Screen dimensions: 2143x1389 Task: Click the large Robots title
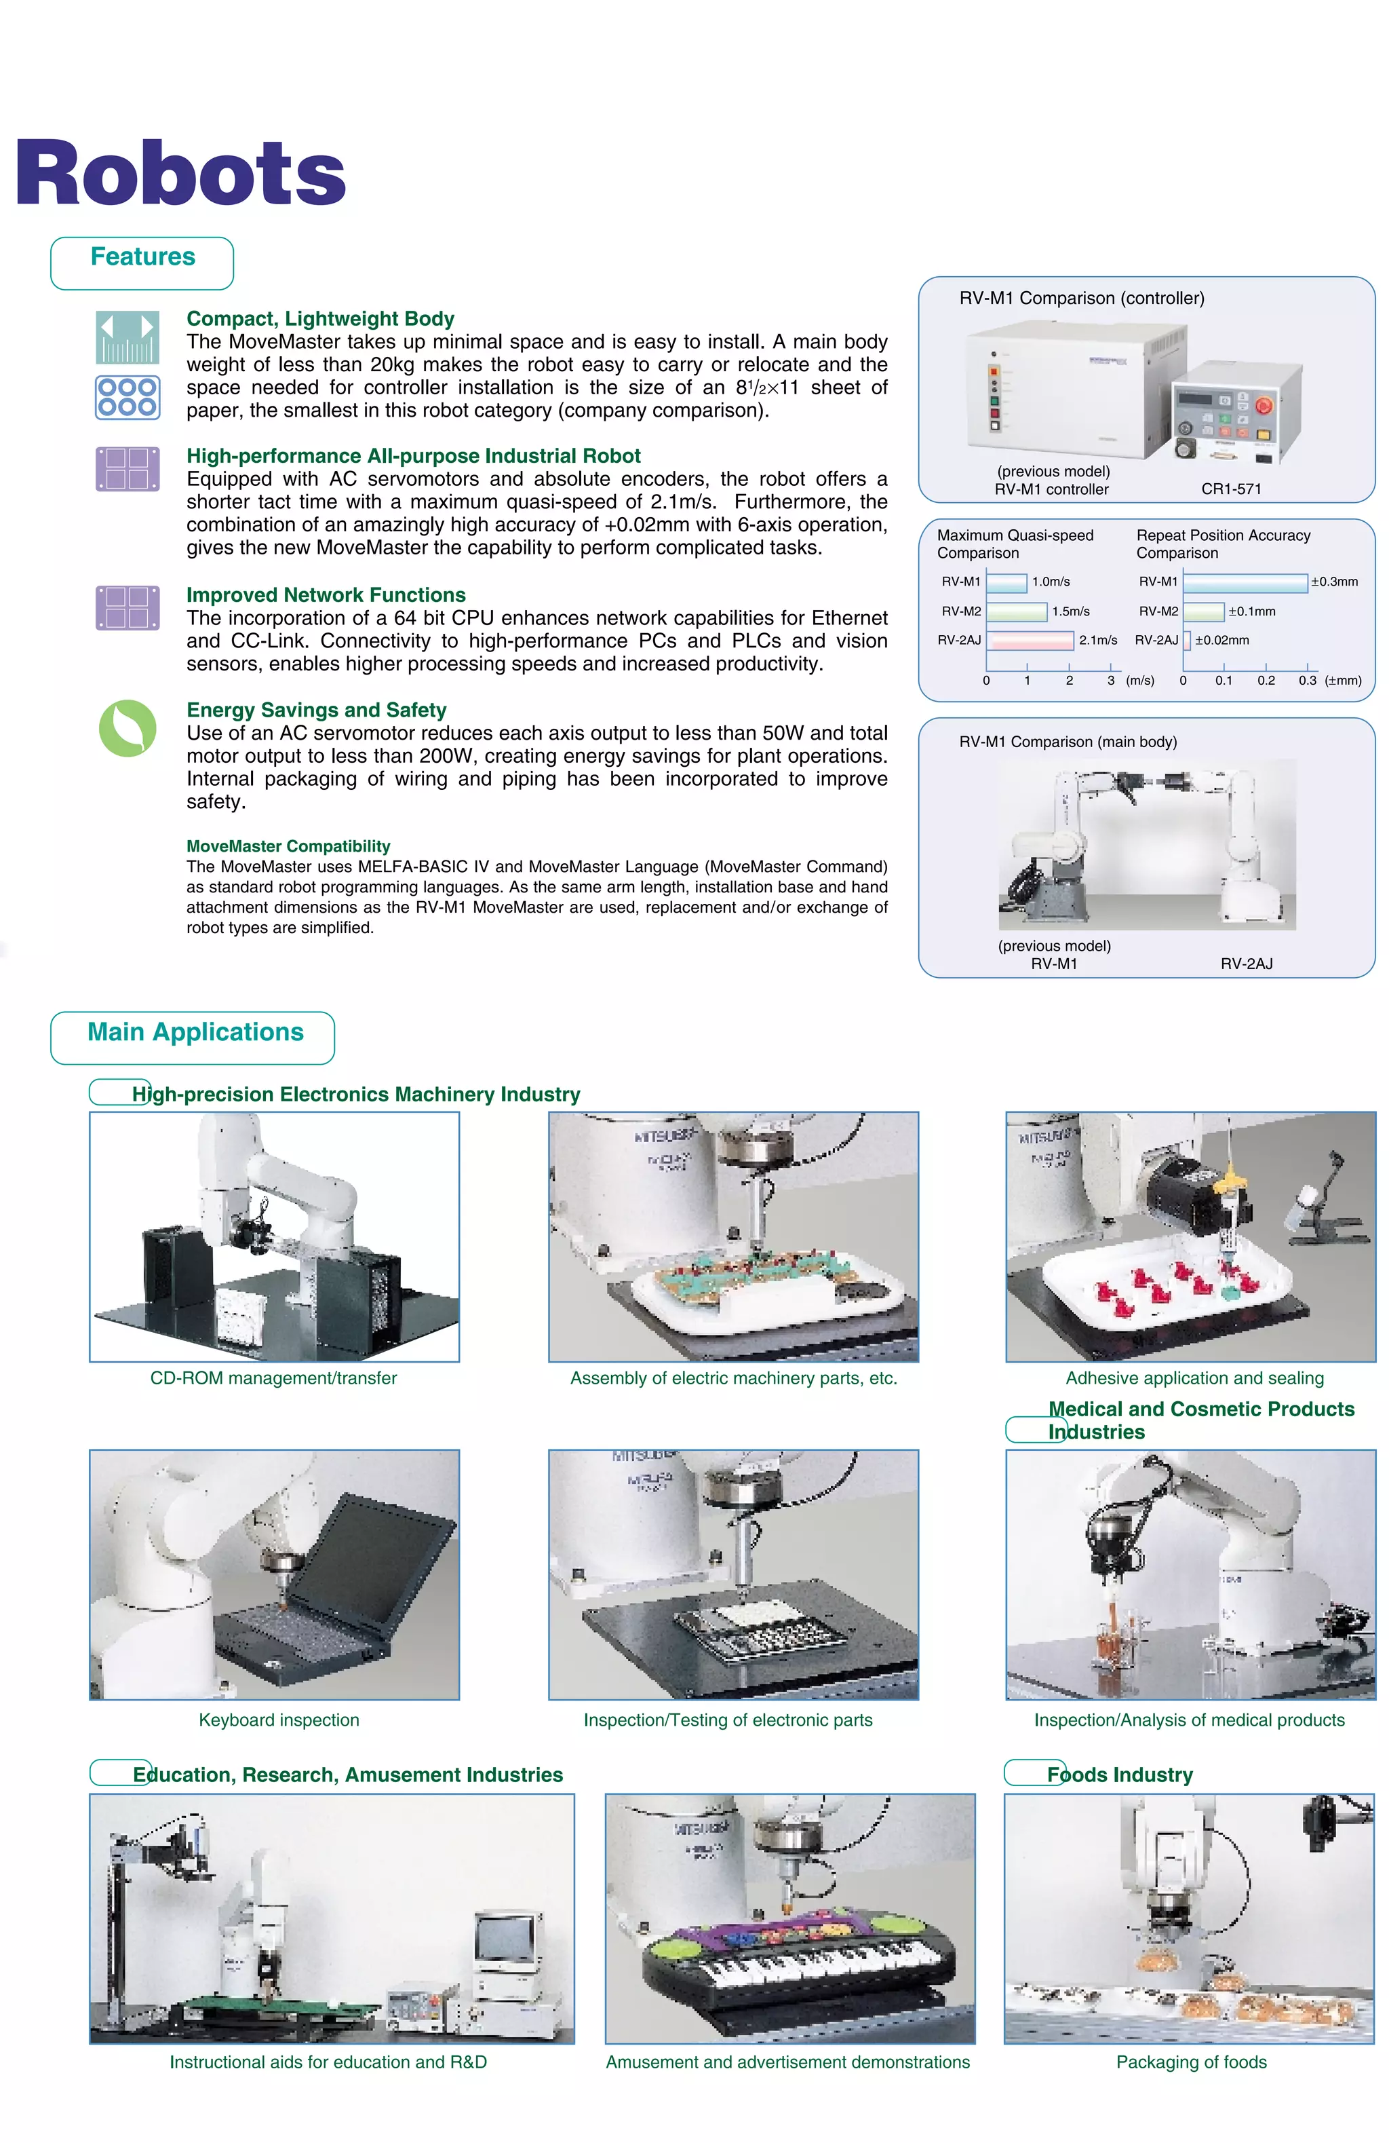180,174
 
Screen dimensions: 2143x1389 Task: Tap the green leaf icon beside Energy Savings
127,727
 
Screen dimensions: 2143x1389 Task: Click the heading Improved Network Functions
326,595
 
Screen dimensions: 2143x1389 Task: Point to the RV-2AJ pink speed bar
1030,640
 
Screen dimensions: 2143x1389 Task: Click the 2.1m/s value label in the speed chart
1097,640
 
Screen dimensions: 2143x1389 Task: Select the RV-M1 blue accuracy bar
1244,582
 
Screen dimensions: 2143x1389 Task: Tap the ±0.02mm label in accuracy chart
1221,640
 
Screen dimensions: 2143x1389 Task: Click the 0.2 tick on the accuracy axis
1266,681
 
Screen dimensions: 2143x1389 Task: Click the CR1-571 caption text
1230,489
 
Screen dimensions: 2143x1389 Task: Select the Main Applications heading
195,1033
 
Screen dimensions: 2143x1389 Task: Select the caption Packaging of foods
1191,2062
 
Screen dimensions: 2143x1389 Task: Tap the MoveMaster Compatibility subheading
288,846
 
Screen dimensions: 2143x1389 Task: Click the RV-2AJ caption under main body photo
1246,964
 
